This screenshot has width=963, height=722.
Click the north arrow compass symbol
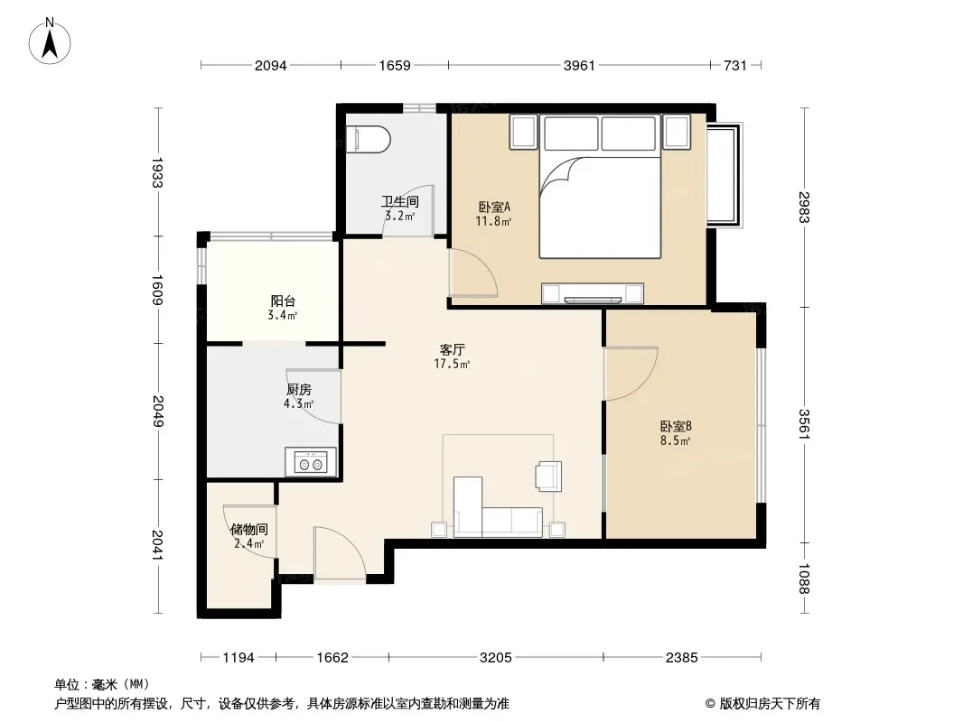point(50,41)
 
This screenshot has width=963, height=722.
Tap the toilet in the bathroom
point(368,140)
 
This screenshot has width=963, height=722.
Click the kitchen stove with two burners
point(311,462)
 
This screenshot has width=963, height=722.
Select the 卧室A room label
point(494,208)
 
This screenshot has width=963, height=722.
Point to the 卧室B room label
point(676,426)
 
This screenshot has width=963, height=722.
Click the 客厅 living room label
point(452,349)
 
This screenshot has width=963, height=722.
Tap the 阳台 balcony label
point(283,301)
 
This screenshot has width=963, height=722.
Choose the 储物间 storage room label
point(248,530)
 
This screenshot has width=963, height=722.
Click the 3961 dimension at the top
point(579,65)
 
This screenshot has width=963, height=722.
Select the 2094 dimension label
point(271,65)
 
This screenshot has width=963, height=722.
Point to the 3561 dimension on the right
point(805,424)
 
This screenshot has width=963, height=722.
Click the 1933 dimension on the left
point(157,172)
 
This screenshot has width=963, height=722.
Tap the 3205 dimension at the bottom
point(496,658)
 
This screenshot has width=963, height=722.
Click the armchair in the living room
point(548,477)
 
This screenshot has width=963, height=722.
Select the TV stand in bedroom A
point(593,294)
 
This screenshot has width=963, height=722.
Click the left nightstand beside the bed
point(523,131)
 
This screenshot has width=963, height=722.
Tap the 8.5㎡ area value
point(676,441)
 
